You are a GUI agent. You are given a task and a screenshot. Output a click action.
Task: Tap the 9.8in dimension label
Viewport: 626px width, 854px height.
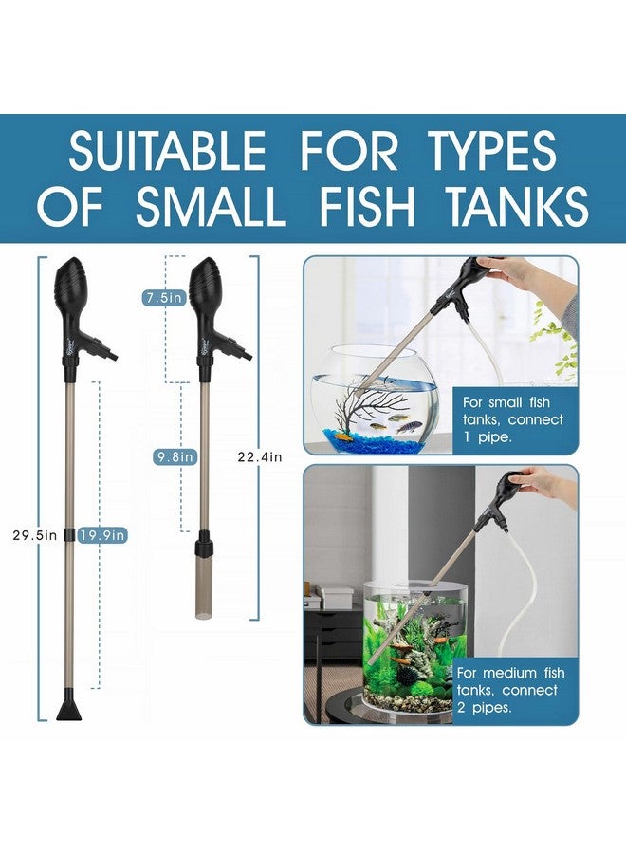tap(175, 456)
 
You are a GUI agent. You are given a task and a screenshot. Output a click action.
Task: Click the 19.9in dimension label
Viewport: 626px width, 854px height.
tap(103, 535)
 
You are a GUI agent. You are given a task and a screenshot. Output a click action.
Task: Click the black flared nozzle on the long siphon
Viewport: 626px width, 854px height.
tap(72, 707)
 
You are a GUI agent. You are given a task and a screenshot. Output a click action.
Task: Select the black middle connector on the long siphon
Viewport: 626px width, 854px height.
tap(71, 534)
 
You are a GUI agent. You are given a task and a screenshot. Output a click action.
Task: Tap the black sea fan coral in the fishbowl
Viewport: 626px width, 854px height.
tap(356, 395)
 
